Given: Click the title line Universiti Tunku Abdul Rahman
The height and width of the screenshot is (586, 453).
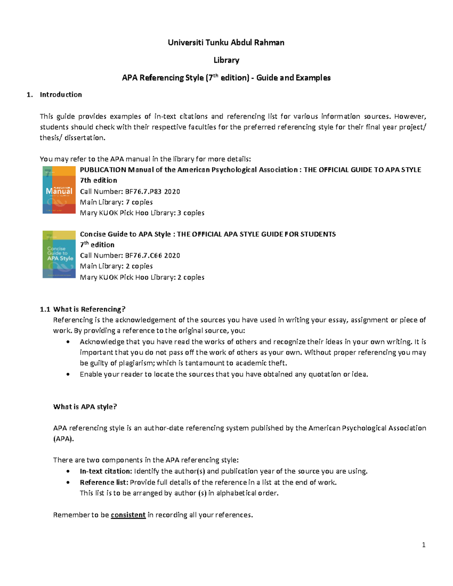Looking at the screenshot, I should click(226, 43).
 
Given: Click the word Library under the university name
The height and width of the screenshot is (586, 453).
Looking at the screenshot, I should click(226, 60).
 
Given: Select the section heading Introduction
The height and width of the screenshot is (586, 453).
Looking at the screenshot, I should click(61, 95).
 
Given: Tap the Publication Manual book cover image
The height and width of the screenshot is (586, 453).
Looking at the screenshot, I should click(59, 190).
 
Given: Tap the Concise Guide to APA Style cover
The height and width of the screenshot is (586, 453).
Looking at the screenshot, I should click(59, 254).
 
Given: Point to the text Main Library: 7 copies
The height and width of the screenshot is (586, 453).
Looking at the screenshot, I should click(116, 202).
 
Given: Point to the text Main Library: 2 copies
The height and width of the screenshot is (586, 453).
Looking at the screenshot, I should click(116, 266).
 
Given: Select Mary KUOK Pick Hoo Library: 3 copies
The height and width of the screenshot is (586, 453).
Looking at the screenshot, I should click(142, 213).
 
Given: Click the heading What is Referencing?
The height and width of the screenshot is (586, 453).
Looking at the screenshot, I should click(89, 309).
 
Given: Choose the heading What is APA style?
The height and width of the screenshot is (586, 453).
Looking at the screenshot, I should click(85, 407).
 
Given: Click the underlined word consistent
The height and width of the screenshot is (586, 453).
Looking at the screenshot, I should click(128, 515).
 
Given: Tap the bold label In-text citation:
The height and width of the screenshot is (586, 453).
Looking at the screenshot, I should click(106, 471).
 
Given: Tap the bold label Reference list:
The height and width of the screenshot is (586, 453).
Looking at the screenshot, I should click(104, 483).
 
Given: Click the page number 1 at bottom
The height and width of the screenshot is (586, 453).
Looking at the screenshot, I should click(424, 545).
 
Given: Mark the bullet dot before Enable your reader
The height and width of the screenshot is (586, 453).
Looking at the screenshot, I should click(68, 374).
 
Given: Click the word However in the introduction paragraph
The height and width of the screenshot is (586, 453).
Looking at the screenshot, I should click(410, 117).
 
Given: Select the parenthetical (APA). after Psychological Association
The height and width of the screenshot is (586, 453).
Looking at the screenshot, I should click(63, 439).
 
